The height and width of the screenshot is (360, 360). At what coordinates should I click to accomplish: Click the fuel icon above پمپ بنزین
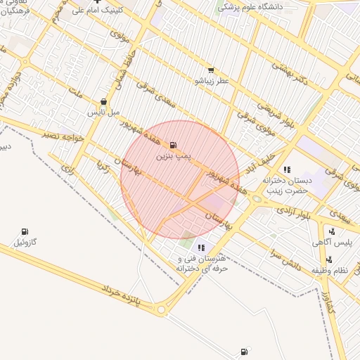click(174, 145)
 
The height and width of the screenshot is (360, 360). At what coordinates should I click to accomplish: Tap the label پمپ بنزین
click(174, 154)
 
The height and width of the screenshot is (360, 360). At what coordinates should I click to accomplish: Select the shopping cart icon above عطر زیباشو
click(210, 70)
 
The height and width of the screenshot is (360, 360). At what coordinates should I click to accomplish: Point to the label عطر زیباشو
click(211, 81)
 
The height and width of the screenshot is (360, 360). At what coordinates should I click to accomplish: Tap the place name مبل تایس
click(104, 112)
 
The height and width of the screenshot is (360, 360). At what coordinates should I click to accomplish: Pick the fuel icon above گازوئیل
click(25, 232)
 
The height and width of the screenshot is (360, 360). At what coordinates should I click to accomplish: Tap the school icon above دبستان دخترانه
click(286, 169)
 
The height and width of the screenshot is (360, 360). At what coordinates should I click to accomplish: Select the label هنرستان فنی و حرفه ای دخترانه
click(202, 263)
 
